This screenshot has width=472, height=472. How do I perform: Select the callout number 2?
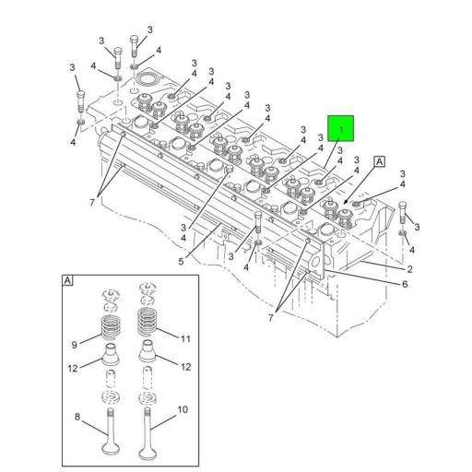[x=409, y=268]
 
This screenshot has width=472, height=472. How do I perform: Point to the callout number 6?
[x=405, y=284]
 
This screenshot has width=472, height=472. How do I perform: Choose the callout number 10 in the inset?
[x=182, y=408]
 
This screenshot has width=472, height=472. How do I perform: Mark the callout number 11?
[x=184, y=338]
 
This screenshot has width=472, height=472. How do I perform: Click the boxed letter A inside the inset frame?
[x=68, y=279]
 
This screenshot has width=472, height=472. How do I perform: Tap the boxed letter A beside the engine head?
[x=378, y=161]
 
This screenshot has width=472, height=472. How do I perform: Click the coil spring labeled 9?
[x=111, y=327]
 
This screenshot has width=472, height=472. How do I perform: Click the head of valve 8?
[x=111, y=455]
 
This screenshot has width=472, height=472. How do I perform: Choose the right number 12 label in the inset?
[x=184, y=366]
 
